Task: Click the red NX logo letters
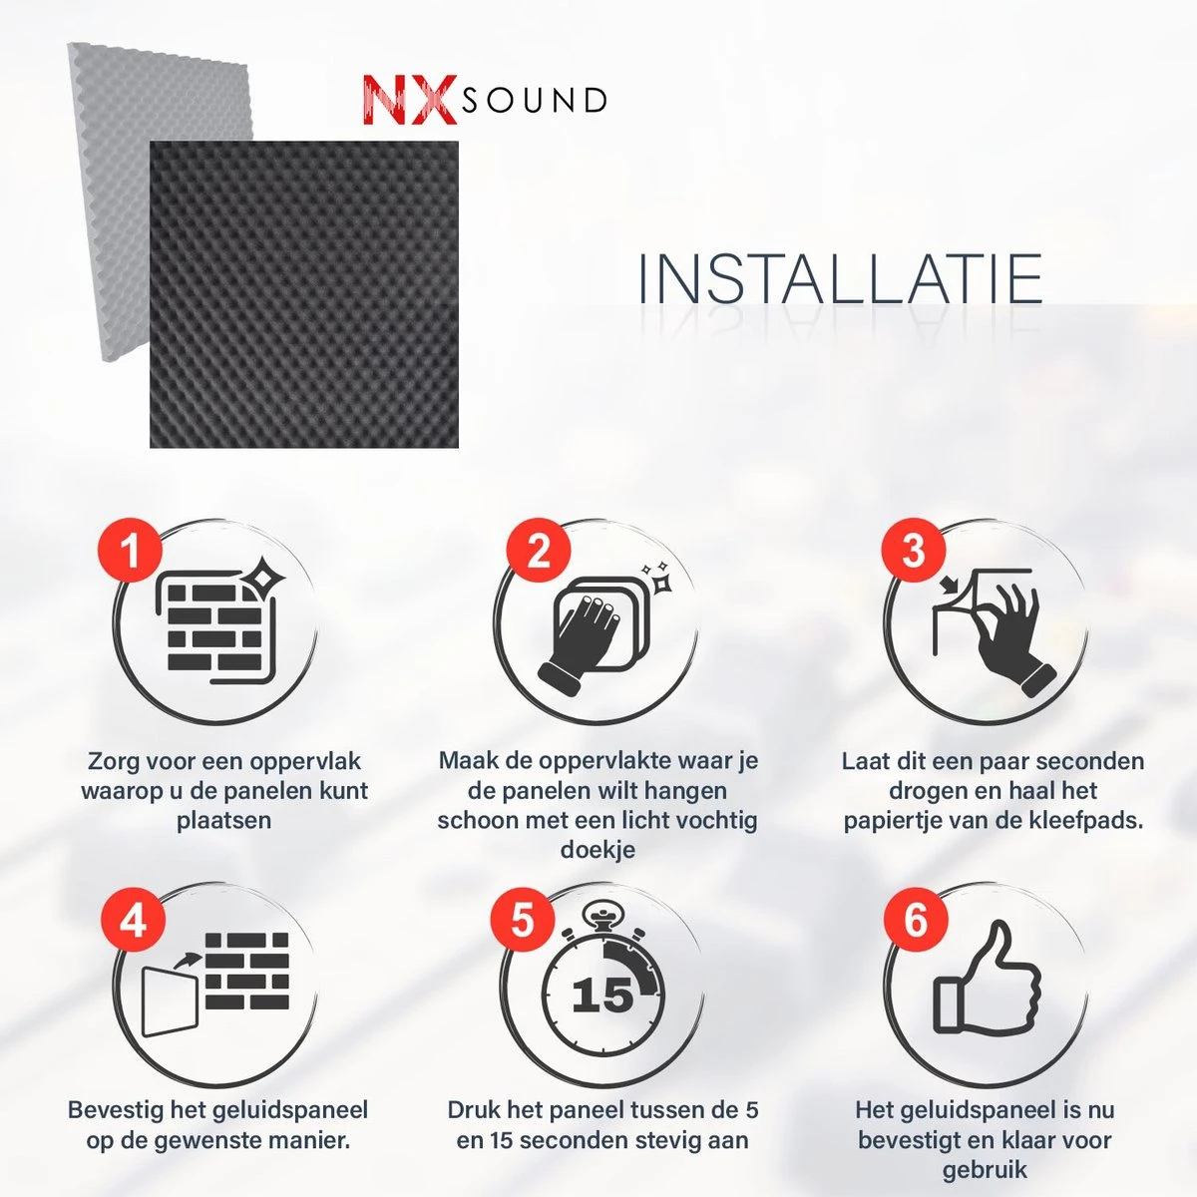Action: point(411,100)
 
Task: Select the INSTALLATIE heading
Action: point(841,278)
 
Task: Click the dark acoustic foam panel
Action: point(304,294)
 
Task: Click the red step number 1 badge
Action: point(130,551)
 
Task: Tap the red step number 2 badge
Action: point(538,551)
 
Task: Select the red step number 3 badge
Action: point(913,551)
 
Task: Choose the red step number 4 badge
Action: point(133,920)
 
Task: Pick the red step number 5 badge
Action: point(523,920)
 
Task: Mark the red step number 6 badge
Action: point(916,920)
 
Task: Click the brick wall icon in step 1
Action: point(214,628)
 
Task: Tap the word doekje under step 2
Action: point(598,849)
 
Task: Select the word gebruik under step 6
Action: point(985,1171)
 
